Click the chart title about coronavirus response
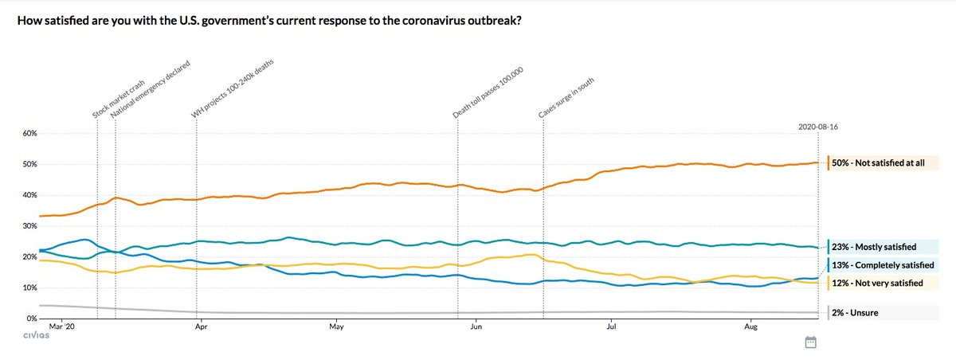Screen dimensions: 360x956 (270, 19)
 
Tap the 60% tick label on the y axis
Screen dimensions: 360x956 (29, 133)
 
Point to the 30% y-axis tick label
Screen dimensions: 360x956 (29, 226)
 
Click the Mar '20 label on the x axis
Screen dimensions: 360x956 (61, 327)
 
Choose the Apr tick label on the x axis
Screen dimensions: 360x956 (202, 327)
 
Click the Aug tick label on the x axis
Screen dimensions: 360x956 (750, 327)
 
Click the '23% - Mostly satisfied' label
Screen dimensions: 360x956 (873, 248)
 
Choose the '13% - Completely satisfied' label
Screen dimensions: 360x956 (881, 265)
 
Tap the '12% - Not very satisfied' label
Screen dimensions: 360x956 (877, 283)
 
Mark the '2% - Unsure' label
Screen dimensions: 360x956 (854, 313)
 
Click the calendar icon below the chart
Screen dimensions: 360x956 (811, 342)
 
